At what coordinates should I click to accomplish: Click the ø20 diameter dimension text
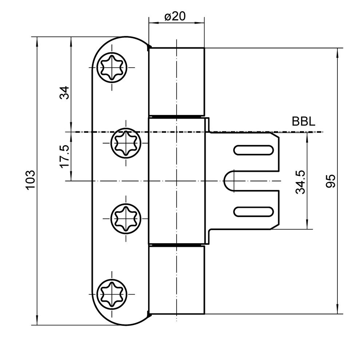(175, 16)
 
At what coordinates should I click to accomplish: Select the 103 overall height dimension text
(31, 181)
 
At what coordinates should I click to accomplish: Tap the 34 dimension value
(64, 93)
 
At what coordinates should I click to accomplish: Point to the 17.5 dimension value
(64, 156)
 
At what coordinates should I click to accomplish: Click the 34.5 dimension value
(300, 182)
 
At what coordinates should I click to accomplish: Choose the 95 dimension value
(331, 181)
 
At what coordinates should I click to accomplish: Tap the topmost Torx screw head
(112, 67)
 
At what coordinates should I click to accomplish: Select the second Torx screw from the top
(126, 143)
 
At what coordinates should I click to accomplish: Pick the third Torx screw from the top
(126, 218)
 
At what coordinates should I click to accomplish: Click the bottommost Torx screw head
(112, 294)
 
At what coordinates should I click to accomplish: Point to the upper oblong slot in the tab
(253, 150)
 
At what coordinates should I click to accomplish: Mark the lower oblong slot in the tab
(253, 211)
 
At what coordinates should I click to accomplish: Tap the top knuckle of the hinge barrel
(177, 82)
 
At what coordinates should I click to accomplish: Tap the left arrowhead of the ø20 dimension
(154, 23)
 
